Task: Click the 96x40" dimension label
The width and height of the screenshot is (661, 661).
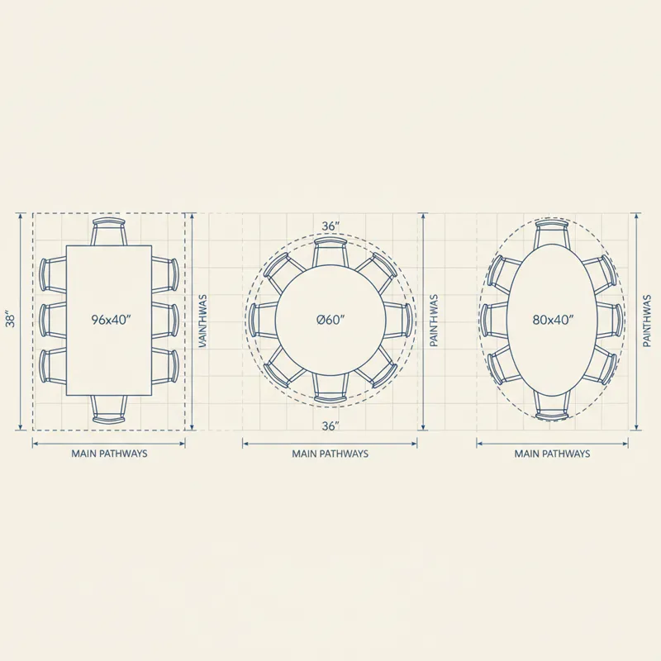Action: tap(111, 320)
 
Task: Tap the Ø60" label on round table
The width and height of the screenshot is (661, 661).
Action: tap(330, 320)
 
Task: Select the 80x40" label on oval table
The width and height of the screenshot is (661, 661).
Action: tap(552, 320)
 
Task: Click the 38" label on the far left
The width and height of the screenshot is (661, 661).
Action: tap(10, 320)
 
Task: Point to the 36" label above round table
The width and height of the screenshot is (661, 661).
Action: tap(330, 226)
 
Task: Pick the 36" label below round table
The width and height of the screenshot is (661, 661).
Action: tap(330, 426)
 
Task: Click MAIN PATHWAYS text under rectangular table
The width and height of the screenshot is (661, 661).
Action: tap(110, 454)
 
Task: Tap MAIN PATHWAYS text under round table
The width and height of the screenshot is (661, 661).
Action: tap(330, 454)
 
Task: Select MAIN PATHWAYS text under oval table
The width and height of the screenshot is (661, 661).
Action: tap(552, 454)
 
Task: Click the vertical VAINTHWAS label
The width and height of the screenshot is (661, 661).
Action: tap(203, 321)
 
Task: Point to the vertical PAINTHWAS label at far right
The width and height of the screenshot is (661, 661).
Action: tap(647, 321)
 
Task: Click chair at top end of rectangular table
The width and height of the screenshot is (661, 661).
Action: tap(109, 231)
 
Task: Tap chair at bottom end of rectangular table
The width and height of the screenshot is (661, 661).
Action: tap(109, 409)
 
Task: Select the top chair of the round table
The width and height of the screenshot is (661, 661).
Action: tap(330, 252)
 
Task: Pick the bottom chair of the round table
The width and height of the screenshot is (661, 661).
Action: tap(330, 387)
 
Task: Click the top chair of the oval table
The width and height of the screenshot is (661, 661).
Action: tap(552, 234)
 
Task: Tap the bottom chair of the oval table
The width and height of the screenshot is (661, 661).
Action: tap(552, 405)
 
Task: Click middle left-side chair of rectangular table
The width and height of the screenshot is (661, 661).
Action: tap(53, 320)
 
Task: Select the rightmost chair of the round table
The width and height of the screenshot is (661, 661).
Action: tap(398, 320)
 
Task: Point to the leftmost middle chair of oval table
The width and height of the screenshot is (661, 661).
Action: tap(494, 320)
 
